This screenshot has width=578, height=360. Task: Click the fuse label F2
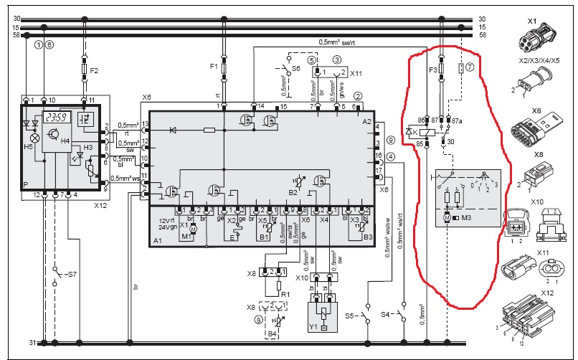95,70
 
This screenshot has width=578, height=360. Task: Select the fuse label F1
214,66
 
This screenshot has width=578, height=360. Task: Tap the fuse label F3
432,70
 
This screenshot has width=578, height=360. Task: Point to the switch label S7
70,275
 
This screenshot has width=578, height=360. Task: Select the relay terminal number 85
420,143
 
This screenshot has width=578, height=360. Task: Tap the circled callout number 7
470,67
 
